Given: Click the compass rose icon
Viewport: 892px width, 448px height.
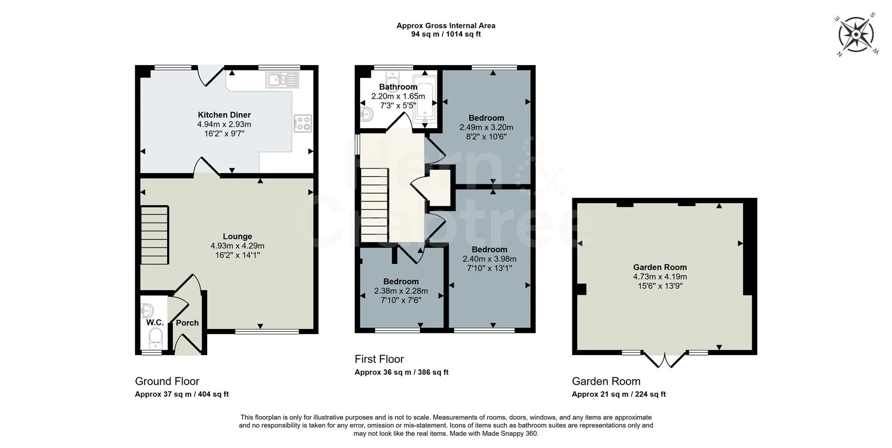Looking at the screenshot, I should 856,34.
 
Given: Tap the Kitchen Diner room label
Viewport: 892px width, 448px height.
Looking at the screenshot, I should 224,115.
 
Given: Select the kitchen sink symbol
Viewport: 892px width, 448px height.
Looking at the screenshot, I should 282,79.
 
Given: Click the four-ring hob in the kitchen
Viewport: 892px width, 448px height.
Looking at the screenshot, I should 302,123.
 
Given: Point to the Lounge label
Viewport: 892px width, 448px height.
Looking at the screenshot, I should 237,237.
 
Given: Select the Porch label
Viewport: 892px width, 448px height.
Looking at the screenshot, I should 187,323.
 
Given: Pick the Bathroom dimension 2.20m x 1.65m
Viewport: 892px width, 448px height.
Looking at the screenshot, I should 398,97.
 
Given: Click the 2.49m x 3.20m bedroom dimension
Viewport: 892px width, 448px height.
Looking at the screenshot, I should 486,127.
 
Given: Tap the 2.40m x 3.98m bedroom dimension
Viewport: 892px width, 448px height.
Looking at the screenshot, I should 489,259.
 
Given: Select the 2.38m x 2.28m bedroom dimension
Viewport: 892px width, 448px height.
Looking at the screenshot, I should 400,291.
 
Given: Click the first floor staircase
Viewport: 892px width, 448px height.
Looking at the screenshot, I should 374,205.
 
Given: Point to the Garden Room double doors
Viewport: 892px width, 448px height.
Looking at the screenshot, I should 664,360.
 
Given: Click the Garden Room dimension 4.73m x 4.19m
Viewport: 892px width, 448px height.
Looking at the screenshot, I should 660,277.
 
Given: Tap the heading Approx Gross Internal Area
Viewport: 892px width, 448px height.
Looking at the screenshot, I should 446,26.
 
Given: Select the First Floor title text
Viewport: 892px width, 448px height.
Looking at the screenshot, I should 379,359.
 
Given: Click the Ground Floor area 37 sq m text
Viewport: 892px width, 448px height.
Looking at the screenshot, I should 182,394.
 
